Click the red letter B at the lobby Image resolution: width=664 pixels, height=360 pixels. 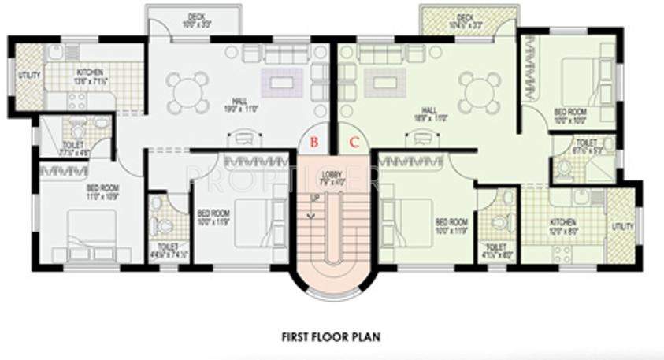[x=313, y=143]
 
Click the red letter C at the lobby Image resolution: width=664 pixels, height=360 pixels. [x=354, y=143]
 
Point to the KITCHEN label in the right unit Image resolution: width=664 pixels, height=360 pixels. [x=563, y=223]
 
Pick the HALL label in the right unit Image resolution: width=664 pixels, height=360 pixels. [x=430, y=111]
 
